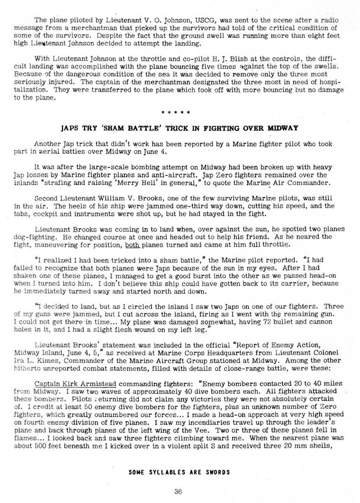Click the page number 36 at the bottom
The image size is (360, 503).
[178, 492]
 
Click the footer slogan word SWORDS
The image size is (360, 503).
[218, 472]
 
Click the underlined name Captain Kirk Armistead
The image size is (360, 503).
[75, 384]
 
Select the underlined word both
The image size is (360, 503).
[132, 245]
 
